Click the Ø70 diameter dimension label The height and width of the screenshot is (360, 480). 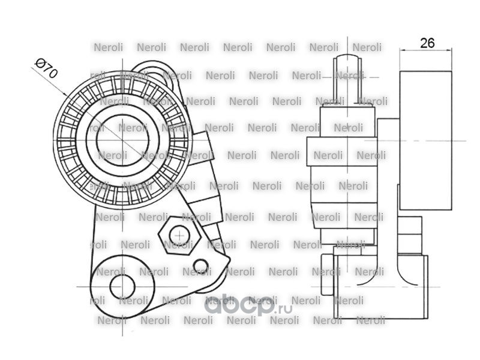pyautogui.click(x=46, y=68)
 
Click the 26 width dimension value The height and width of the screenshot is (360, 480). pyautogui.click(x=427, y=43)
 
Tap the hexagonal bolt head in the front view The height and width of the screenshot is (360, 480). pyautogui.click(x=179, y=235)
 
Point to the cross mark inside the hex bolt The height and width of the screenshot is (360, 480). pyautogui.click(x=179, y=236)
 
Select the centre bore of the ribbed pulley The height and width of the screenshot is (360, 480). pyautogui.click(x=123, y=140)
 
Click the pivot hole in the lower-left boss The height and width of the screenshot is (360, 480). pyautogui.click(x=122, y=287)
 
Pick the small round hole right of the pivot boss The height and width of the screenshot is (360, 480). pyautogui.click(x=201, y=267)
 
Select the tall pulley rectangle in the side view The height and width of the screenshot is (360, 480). pyautogui.click(x=425, y=140)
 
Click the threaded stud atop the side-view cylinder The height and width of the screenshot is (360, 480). pyautogui.click(x=347, y=80)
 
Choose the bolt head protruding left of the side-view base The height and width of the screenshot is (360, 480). pyautogui.click(x=327, y=275)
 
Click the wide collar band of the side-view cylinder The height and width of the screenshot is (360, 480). pyautogui.click(x=342, y=152)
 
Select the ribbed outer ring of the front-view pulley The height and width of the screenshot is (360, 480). pyautogui.click(x=123, y=140)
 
